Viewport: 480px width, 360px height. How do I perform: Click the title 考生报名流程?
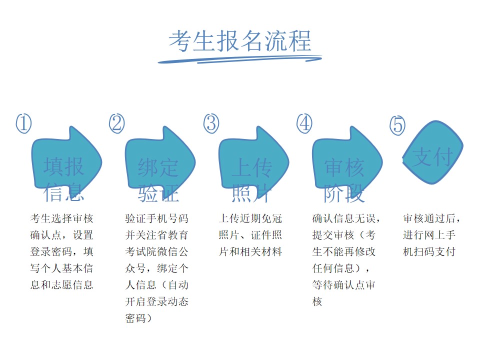tap(240, 41)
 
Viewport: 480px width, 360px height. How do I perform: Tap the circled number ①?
tap(23, 123)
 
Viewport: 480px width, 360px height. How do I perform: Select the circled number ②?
tap(117, 123)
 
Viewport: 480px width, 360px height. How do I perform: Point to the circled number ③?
tap(211, 123)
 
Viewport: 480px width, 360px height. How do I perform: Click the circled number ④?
tap(304, 123)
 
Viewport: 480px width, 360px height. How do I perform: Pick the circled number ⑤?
tap(397, 125)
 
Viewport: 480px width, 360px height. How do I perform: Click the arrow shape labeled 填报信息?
tap(66, 160)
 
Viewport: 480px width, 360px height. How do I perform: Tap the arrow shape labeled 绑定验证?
tap(160, 160)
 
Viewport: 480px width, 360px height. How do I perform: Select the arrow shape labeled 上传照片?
tap(254, 160)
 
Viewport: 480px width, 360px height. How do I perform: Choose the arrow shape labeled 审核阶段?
tap(347, 160)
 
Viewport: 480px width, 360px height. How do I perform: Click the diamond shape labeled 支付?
tap(432, 152)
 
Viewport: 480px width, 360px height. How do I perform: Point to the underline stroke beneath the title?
tap(239, 59)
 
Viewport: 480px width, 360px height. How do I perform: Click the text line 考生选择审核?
tap(61, 218)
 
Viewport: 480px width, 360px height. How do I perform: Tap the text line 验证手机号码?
tap(156, 218)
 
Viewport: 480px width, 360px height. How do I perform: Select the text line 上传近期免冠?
tap(250, 218)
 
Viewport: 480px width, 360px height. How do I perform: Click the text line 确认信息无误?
tap(346, 218)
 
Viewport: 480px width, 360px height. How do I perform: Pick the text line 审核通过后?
tap(431, 218)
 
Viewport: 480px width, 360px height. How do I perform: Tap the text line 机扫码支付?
tap(429, 251)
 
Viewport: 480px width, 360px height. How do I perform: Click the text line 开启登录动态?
tap(156, 301)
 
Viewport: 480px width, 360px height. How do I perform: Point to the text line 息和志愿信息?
tap(61, 285)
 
